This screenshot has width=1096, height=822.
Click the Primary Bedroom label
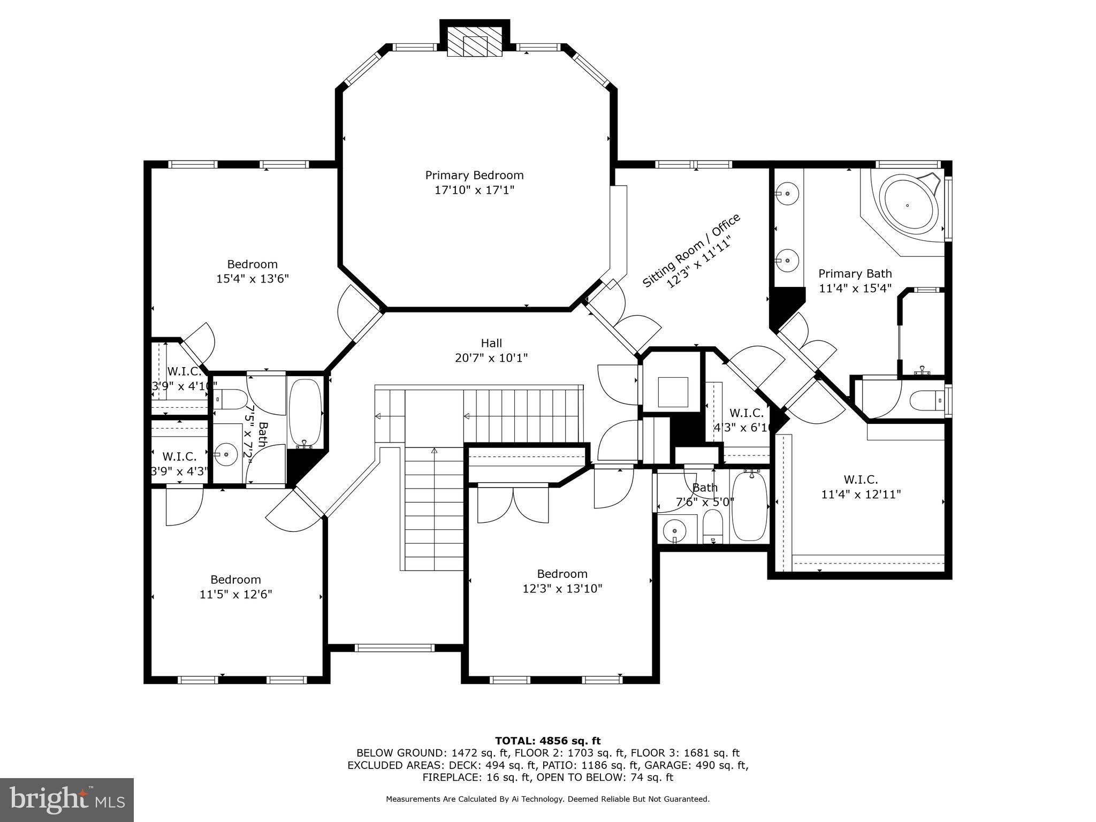tap(474, 176)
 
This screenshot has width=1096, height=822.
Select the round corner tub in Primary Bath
tap(908, 205)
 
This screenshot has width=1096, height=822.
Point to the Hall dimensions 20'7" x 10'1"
tap(491, 358)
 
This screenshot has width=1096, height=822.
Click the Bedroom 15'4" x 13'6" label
tap(253, 271)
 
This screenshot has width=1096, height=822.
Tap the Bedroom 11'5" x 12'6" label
tap(235, 587)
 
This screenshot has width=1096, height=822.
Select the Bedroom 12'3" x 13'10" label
tap(562, 581)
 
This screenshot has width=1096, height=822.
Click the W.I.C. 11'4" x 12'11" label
tap(861, 487)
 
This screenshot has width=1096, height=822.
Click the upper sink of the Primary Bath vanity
tap(787, 193)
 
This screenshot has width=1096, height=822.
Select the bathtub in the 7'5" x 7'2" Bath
tap(305, 413)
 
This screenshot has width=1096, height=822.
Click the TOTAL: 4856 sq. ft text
tap(547, 741)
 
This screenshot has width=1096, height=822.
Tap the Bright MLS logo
tap(67, 800)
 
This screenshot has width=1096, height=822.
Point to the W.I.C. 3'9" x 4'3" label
tap(179, 463)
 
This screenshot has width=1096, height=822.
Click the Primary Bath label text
tap(855, 273)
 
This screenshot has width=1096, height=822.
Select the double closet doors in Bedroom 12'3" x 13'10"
tap(513, 505)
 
